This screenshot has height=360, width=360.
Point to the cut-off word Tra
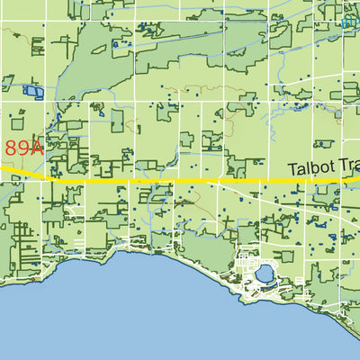(347, 169)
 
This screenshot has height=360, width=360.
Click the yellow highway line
(180, 181)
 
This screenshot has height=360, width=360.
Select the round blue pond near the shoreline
(264, 271)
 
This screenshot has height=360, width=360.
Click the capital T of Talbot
(292, 169)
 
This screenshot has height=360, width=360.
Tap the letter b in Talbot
(314, 169)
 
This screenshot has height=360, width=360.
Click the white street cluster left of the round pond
(241, 265)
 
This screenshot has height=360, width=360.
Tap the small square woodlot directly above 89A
(17, 118)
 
